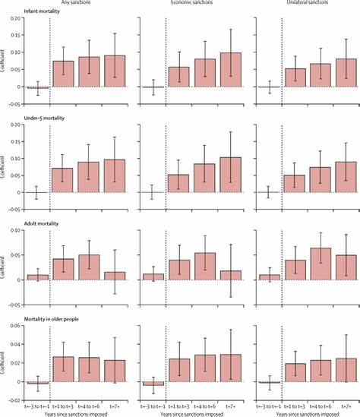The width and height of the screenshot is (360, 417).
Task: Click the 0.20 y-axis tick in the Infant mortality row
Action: click(x=15, y=17)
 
